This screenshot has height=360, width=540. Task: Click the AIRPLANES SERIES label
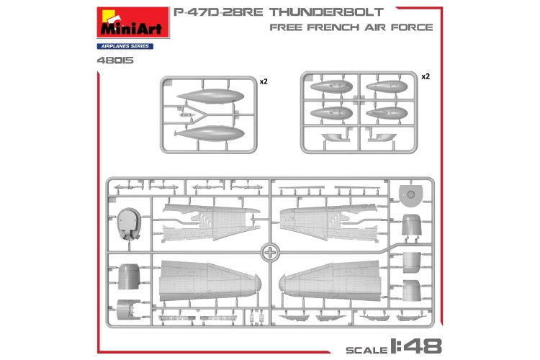[118, 46]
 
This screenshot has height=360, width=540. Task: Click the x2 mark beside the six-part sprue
[425, 76]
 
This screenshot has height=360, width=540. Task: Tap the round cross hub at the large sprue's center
[270, 253]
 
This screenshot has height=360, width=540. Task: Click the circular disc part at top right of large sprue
[410, 191]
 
